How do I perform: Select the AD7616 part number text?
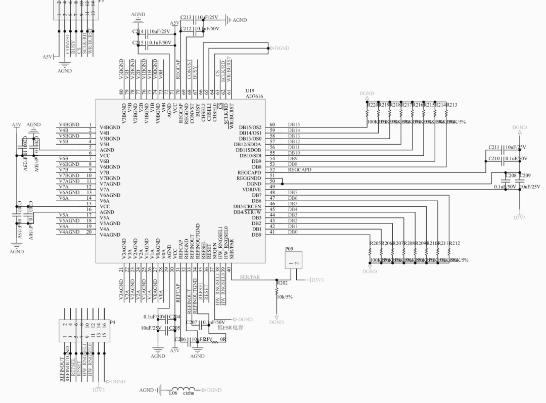coord(254,96)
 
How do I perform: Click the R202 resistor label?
coord(283,283)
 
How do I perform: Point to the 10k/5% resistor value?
coord(284,297)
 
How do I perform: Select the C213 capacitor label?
coord(186,18)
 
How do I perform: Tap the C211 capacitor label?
coord(494,147)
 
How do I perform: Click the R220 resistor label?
coord(373,105)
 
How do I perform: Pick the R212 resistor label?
coord(454,243)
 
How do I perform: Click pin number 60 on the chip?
coord(272,124)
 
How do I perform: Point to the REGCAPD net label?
coord(300,170)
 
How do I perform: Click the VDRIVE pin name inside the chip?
coord(251,190)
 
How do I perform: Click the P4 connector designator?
coord(112,322)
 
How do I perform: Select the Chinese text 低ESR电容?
coord(231,327)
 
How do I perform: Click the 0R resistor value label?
coord(222,340)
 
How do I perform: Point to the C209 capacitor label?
coord(525,175)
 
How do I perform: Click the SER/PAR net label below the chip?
coord(250,277)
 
